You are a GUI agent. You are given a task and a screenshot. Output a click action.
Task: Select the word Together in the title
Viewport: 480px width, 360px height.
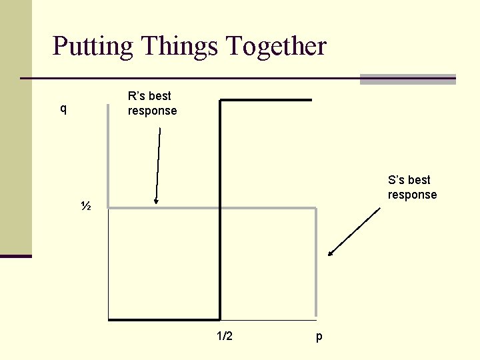coord(276,47)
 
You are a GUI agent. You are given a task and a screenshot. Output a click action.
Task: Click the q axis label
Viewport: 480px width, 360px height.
coord(63,109)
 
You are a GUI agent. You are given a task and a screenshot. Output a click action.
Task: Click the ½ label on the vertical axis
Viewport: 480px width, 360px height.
coord(85,206)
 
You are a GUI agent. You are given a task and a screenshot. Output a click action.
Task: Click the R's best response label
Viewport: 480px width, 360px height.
coord(152,104)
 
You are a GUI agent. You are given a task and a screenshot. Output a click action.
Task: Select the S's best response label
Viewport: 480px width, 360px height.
coord(412,187)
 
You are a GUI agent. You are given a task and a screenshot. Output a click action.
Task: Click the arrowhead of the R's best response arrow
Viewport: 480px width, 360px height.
coord(155,201)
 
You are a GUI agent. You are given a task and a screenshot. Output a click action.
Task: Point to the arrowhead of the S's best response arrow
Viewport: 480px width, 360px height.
coord(330,254)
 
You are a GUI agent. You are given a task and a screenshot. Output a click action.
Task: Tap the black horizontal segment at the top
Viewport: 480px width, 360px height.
coord(265,100)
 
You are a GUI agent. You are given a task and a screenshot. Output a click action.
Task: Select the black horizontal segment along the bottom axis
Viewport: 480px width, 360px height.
coord(164,320)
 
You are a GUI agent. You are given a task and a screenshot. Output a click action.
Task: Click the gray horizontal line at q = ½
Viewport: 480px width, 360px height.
coord(267,209)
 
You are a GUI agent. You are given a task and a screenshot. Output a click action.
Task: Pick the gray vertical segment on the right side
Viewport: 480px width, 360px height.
coord(315,267)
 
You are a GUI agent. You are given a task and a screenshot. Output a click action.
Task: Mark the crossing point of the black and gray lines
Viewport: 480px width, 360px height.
coord(220,209)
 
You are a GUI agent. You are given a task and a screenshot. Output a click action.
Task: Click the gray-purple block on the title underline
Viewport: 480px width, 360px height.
coord(407,79)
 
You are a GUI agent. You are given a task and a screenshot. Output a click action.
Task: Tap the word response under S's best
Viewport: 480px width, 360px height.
coord(412,195)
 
